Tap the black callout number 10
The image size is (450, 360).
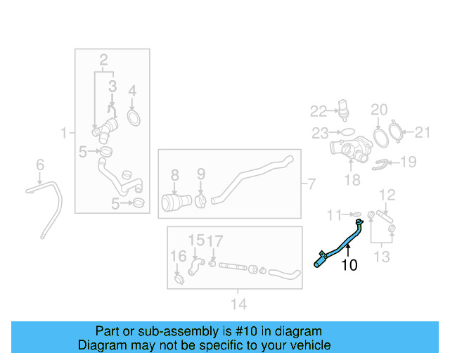point(349,265)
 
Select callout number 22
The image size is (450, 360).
point(319,111)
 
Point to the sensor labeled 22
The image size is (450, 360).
point(344,108)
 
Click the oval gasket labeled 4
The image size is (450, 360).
point(134,118)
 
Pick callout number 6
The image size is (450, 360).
point(40,165)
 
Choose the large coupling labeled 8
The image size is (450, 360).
point(176,202)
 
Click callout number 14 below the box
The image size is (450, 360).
point(239,304)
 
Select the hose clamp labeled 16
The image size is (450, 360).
point(179,279)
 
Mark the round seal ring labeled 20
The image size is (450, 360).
point(381,138)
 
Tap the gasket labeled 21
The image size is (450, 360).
point(395,131)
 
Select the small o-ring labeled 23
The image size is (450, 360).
point(348,132)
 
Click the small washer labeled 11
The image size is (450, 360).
point(357,214)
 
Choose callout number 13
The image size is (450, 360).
point(382,257)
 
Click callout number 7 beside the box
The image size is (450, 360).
point(311,184)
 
